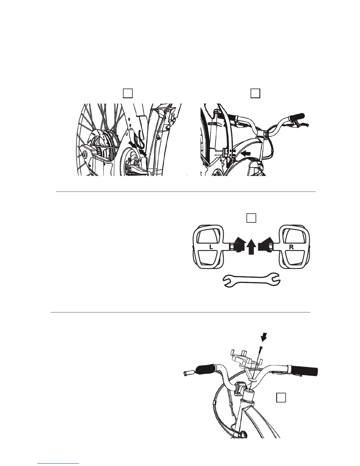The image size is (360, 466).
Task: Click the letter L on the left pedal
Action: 211,247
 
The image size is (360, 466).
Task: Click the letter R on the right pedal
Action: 291,247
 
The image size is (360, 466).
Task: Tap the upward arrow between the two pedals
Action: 251,247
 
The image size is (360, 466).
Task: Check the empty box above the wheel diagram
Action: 127,93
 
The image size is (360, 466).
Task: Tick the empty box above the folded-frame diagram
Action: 255,93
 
